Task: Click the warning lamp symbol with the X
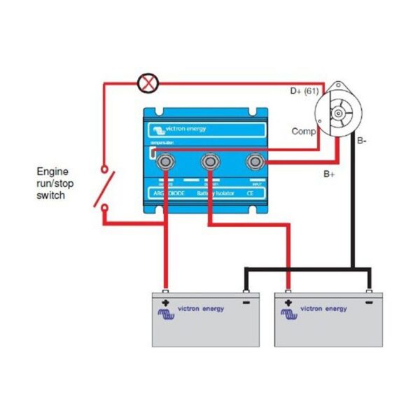pos(148,84)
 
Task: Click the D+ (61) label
pos(304,91)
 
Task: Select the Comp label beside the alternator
pos(303,131)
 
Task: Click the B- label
pos(362,141)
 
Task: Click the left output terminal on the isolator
pos(166,162)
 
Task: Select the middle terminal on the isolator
pos(209,162)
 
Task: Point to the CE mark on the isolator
pos(250,192)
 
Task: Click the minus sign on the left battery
pos(246,303)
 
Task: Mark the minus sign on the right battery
pos(368,303)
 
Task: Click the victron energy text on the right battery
pos(323,308)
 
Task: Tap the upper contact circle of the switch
pos(105,170)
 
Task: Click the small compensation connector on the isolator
pos(152,154)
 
